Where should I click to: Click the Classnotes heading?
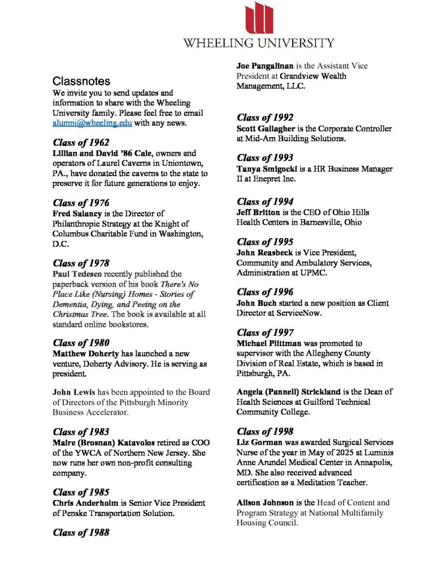(81, 81)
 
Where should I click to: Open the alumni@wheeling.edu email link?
(92, 123)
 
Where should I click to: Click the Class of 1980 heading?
(81, 343)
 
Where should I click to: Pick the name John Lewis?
(71, 392)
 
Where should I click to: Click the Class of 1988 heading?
(81, 532)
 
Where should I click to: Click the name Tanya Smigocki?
(266, 169)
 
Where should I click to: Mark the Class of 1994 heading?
(265, 202)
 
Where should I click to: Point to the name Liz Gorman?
(259, 442)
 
